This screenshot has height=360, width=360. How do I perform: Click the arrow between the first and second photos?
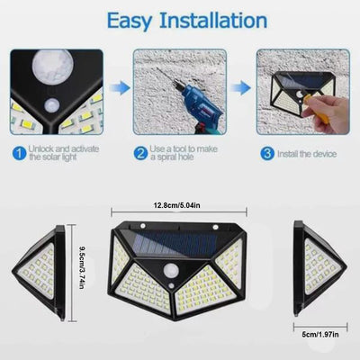click(119, 86)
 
